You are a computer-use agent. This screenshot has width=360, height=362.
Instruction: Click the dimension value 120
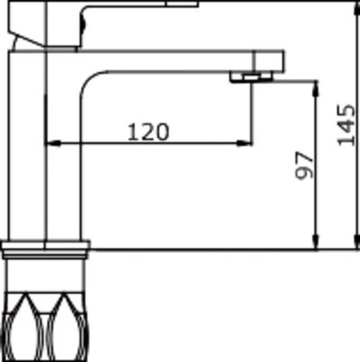(x=147, y=131)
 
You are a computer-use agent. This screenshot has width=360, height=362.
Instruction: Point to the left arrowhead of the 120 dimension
(x=50, y=142)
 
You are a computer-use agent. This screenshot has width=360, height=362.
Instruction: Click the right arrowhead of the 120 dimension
(x=246, y=142)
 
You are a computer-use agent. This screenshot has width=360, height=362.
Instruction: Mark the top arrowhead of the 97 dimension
(x=317, y=85)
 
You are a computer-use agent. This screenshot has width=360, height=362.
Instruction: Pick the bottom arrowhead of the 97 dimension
(x=317, y=244)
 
